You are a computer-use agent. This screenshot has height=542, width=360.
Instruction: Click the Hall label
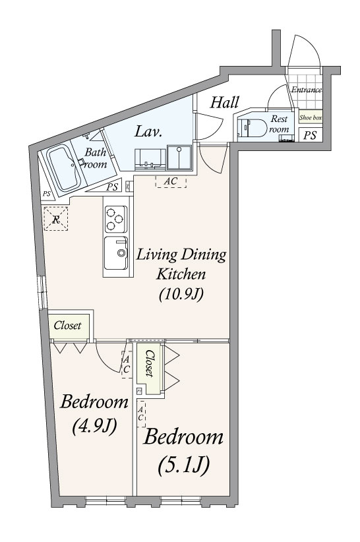225,102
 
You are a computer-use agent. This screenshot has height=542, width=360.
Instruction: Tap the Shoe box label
311,117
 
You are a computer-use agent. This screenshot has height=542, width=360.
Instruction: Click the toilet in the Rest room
253,128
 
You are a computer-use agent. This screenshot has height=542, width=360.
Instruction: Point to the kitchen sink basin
117,253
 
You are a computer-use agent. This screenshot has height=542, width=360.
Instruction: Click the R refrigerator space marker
55,218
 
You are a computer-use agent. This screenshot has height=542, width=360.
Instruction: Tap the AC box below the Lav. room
171,181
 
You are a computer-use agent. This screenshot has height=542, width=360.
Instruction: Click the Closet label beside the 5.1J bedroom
150,363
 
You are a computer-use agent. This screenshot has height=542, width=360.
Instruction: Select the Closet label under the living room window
67,325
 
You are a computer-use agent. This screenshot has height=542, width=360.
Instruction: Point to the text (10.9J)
181,294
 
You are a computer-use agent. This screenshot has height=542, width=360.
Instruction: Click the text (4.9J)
94,426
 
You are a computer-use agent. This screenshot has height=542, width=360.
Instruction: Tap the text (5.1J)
183,466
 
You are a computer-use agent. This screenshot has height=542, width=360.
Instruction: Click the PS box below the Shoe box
311,135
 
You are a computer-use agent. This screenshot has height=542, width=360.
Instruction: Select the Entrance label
307,90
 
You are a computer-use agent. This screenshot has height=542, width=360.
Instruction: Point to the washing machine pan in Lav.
179,158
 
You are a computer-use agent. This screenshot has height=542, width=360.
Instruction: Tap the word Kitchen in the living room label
181,274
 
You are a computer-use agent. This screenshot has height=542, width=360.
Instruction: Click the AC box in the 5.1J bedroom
141,414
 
